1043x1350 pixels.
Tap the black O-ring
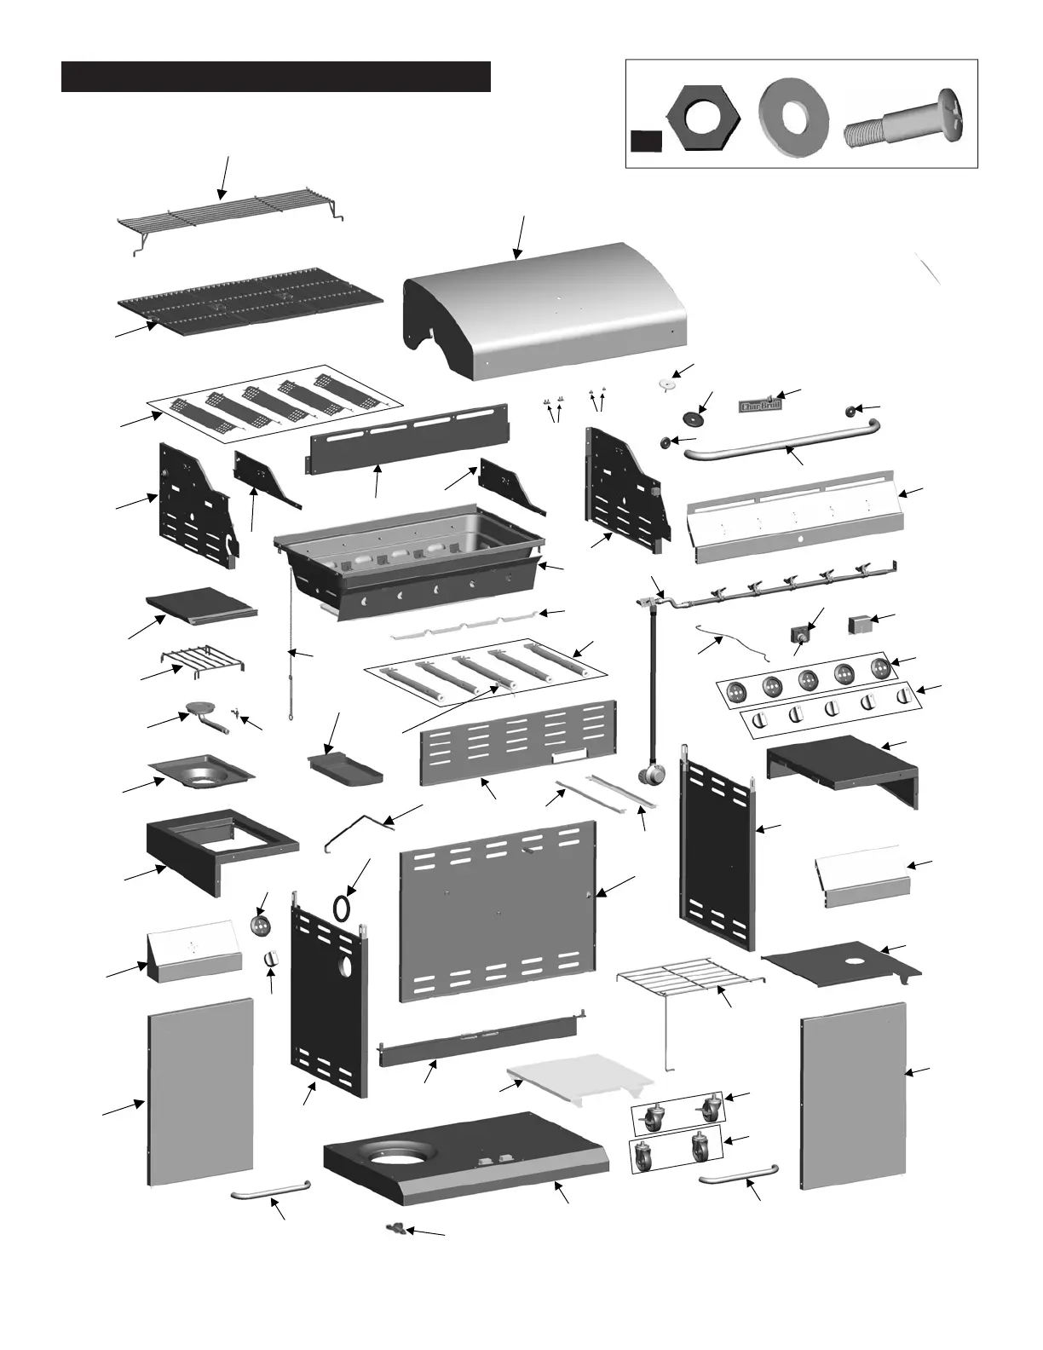tap(342, 908)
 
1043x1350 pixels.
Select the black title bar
tap(275, 76)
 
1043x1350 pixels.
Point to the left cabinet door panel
tap(202, 1093)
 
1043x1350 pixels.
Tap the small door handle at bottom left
tap(271, 1191)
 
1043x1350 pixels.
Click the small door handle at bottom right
tap(739, 1175)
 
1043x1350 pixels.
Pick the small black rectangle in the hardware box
tap(647, 141)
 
